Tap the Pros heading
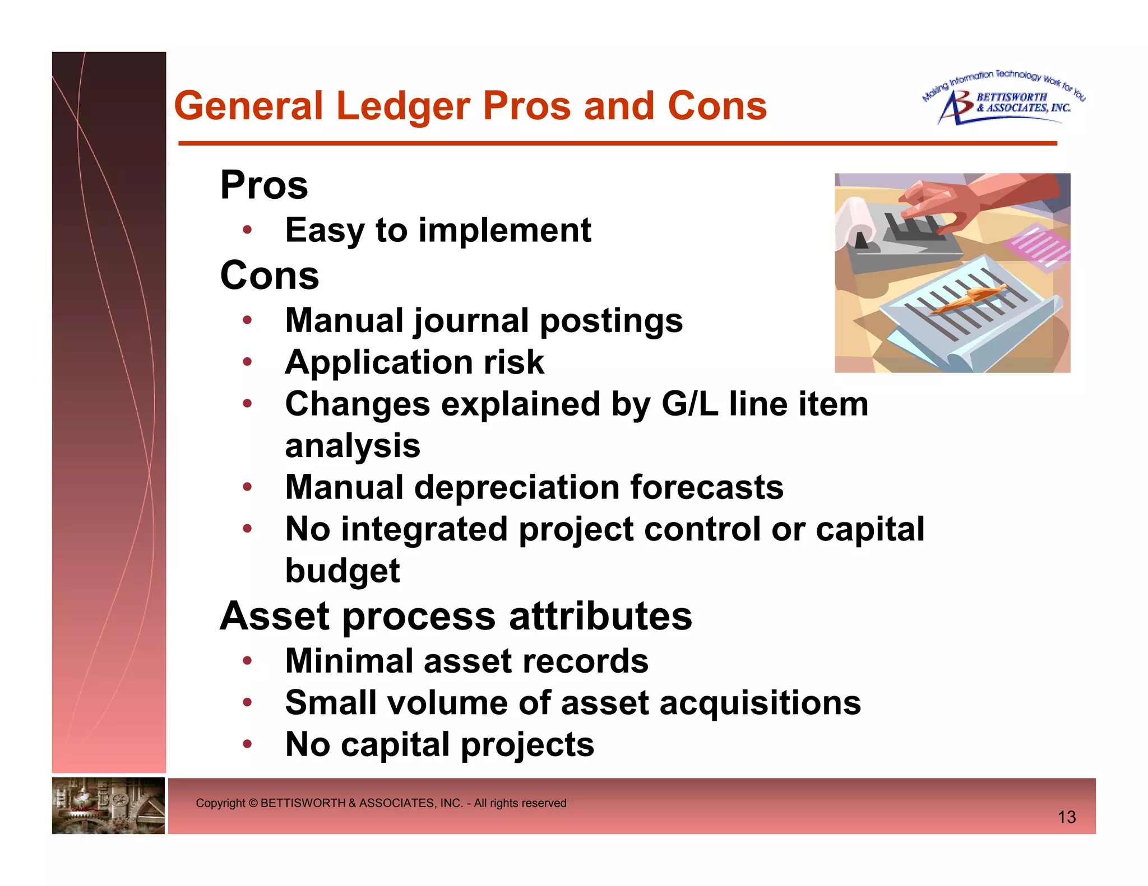[x=264, y=185]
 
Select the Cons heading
[x=270, y=276]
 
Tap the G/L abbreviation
[x=689, y=404]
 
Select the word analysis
[x=353, y=446]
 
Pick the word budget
[x=342, y=571]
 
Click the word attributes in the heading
[x=600, y=616]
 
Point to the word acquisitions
[x=760, y=703]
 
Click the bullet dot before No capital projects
[x=247, y=744]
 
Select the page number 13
[x=1066, y=817]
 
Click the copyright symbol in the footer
[x=253, y=803]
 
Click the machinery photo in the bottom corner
[x=108, y=805]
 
